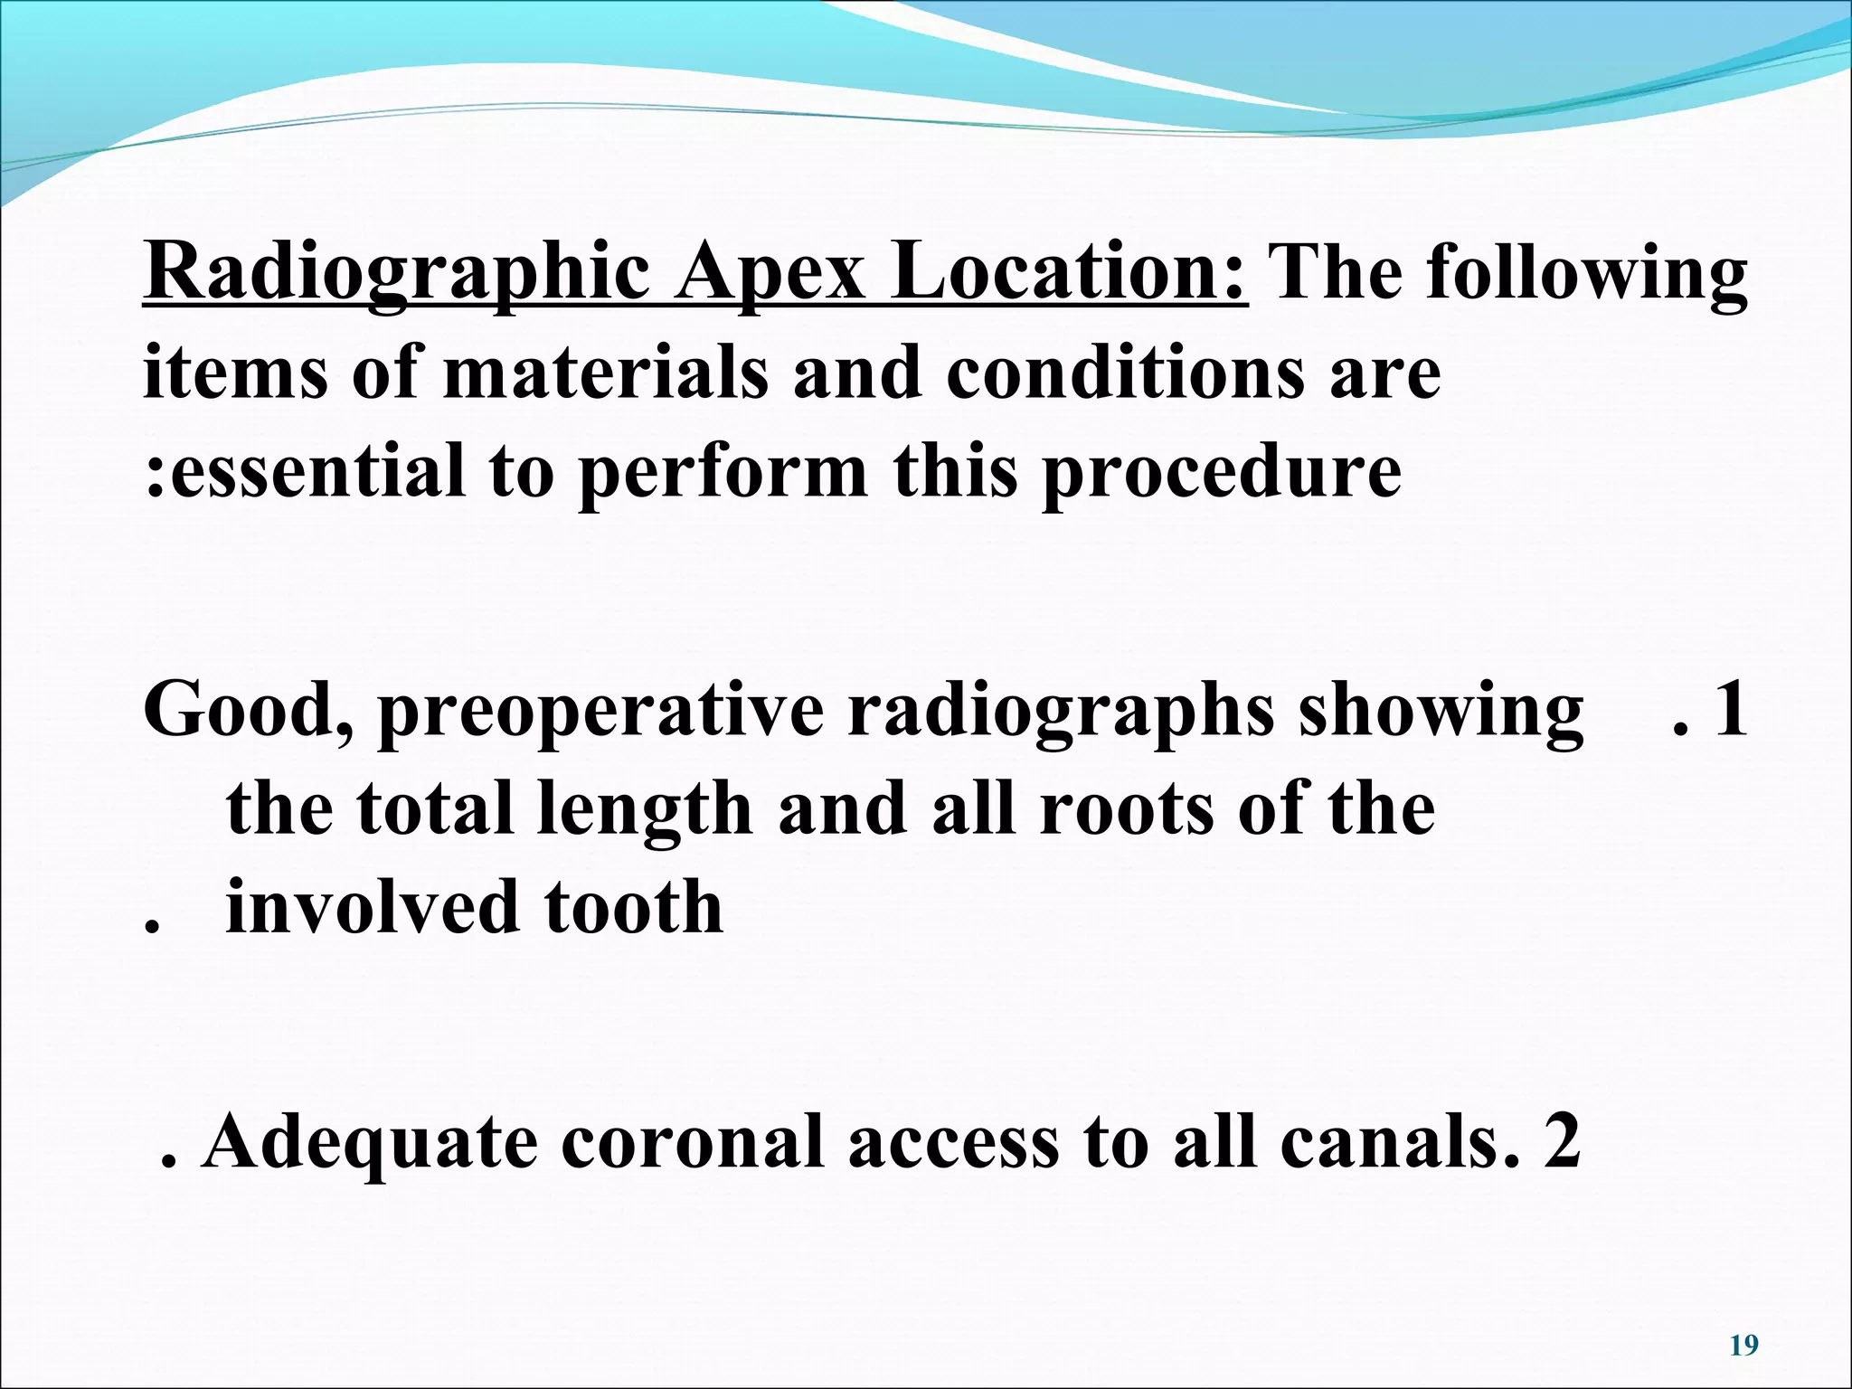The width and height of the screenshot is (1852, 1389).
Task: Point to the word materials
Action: [x=605, y=372]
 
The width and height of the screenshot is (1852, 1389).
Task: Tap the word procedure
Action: [x=1221, y=472]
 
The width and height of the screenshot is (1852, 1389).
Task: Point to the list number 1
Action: [x=1730, y=710]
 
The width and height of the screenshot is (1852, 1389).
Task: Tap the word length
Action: [x=644, y=808]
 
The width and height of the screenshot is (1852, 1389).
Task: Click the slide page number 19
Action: [x=1743, y=1346]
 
